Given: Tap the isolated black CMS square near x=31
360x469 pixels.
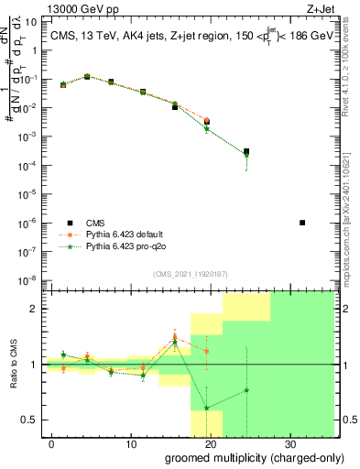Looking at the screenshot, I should (302, 223).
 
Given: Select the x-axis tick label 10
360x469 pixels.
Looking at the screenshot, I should (130, 444).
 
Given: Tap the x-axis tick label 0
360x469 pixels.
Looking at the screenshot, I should (52, 444).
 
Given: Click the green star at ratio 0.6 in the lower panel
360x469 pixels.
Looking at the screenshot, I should (207, 408).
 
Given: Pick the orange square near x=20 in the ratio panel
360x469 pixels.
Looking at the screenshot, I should (207, 351).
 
